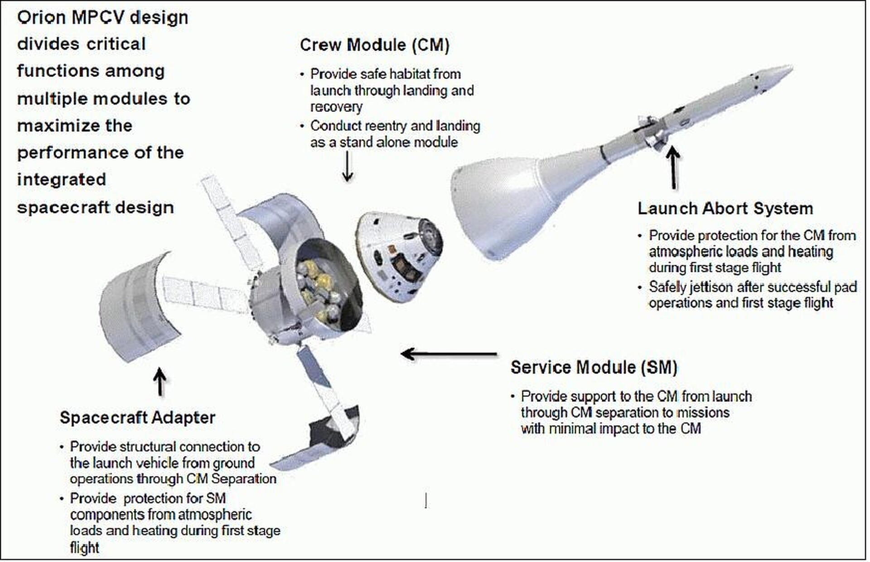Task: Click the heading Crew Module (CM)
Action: pyautogui.click(x=374, y=45)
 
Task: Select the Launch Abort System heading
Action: pyautogui.click(x=725, y=208)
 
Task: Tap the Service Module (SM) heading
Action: pyautogui.click(x=594, y=367)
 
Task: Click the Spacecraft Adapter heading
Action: pyautogui.click(x=137, y=417)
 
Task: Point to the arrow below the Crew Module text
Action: pyautogui.click(x=348, y=167)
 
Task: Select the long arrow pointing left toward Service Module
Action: pyautogui.click(x=449, y=354)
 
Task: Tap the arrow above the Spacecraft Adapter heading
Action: pyautogui.click(x=159, y=382)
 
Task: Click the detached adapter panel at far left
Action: pyautogui.click(x=136, y=308)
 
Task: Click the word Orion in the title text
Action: pyautogui.click(x=41, y=18)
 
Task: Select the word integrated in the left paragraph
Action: pyautogui.click(x=62, y=180)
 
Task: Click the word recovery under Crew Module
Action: pyautogui.click(x=336, y=107)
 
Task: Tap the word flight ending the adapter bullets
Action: pyautogui.click(x=84, y=548)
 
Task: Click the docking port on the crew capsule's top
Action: pyautogui.click(x=430, y=236)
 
